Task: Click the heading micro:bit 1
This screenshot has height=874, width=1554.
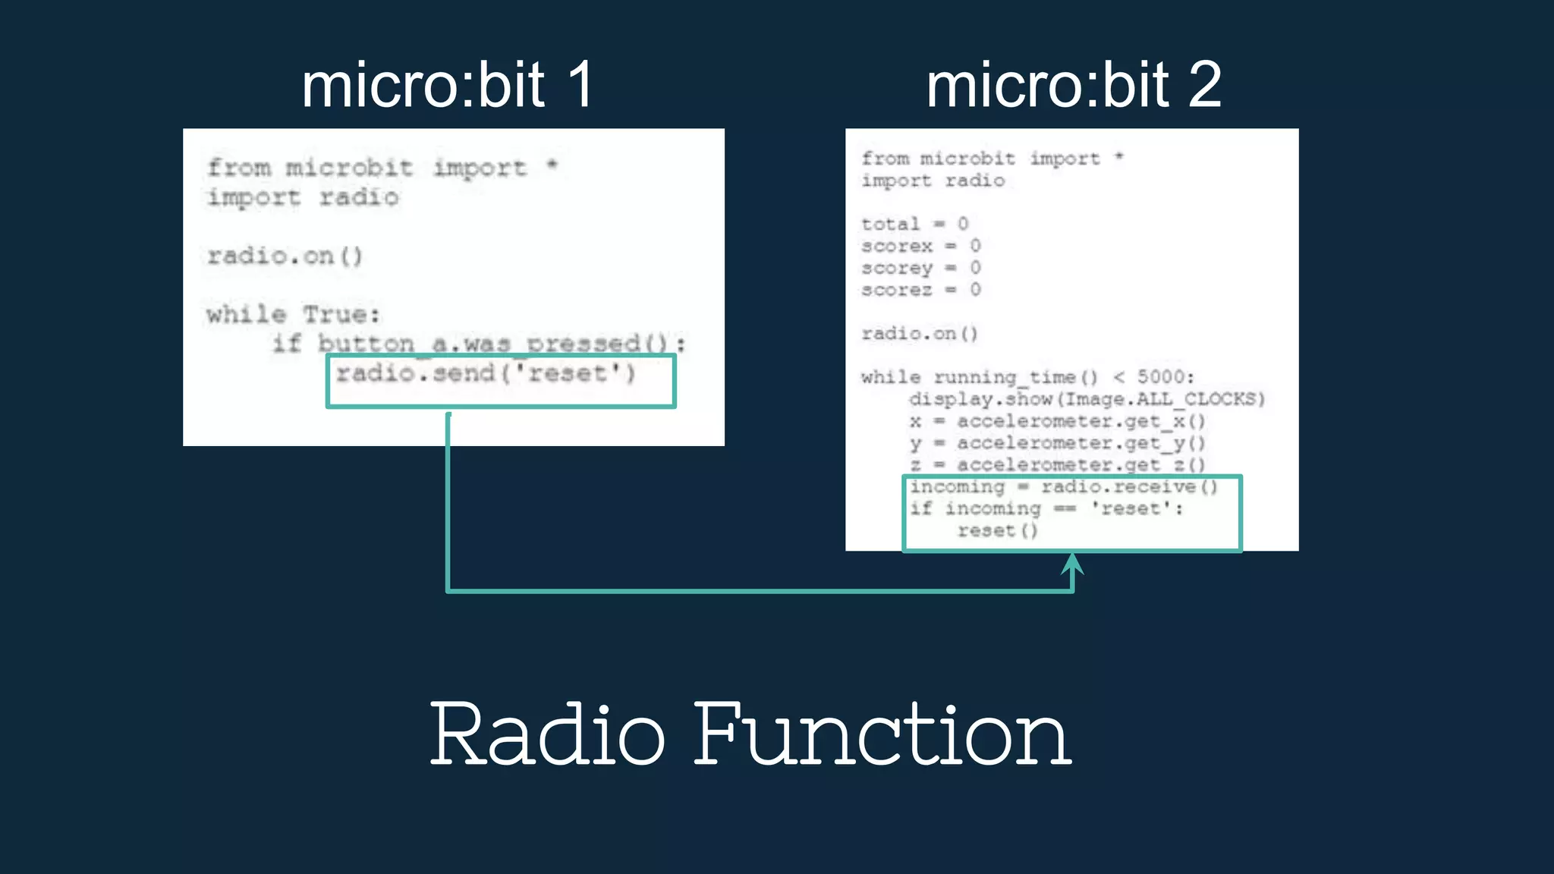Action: click(x=448, y=85)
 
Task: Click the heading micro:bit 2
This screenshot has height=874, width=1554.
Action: click(x=1073, y=85)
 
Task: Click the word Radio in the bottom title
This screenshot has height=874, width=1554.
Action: click(x=547, y=734)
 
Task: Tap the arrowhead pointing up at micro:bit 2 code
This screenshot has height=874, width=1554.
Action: click(x=1072, y=564)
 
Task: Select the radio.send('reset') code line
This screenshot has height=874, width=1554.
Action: click(x=486, y=373)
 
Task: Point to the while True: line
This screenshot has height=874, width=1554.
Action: click(x=293, y=314)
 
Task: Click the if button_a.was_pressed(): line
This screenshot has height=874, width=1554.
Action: click(x=478, y=344)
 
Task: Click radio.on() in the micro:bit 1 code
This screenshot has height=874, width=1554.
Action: click(x=285, y=256)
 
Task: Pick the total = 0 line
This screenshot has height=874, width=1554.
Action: click(x=914, y=224)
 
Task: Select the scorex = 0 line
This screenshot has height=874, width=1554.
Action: click(x=920, y=246)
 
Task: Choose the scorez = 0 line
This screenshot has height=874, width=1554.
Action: click(x=920, y=290)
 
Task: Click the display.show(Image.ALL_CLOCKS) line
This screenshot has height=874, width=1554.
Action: click(x=1087, y=399)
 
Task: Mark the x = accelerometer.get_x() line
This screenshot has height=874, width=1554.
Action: click(x=1057, y=421)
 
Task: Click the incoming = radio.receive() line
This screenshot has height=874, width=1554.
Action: click(x=1063, y=486)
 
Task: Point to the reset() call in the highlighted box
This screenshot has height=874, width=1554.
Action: click(x=997, y=530)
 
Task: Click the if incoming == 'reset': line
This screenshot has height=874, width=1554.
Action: click(x=1046, y=508)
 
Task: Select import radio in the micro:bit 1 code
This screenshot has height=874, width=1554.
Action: click(x=303, y=197)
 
